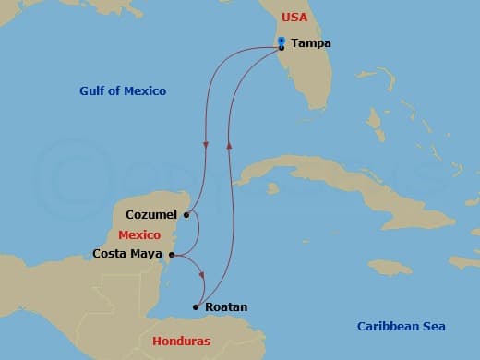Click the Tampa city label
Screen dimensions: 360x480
click(310, 43)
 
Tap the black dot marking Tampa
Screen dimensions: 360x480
click(281, 47)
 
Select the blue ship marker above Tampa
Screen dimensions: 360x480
click(281, 40)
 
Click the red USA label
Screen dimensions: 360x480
click(294, 18)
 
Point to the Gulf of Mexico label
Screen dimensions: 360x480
click(123, 90)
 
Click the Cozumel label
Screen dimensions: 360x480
click(150, 215)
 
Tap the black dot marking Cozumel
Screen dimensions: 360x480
click(186, 215)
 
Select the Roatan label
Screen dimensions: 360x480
click(225, 306)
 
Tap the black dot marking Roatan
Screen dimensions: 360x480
click(196, 306)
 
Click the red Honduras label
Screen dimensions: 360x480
click(181, 341)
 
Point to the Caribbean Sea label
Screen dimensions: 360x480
click(402, 326)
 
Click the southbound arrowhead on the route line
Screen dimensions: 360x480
click(204, 146)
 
